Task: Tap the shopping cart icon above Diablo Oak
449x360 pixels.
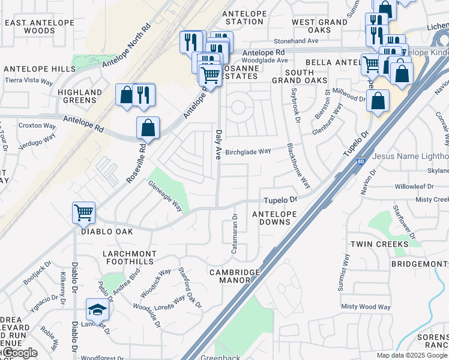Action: [83, 212]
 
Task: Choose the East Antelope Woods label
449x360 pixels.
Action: [39, 26]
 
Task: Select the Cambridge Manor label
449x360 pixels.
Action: [235, 276]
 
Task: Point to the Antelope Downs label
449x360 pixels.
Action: [274, 218]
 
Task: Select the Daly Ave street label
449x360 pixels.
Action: [219, 145]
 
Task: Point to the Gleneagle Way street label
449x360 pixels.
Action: [166, 197]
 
